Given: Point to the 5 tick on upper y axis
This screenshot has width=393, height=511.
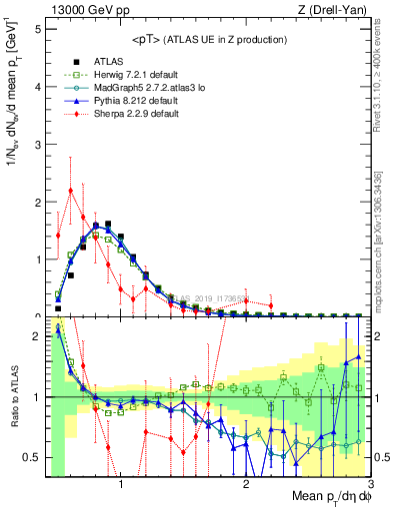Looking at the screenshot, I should coord(38,29).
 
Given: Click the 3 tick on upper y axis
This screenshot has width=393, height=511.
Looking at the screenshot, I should coord(38,144).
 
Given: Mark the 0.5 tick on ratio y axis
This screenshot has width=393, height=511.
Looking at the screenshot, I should coord(34,457).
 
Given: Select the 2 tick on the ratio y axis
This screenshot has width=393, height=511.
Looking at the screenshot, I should coord(38,336).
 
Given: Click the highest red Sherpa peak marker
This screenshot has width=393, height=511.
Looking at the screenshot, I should coord(70,191).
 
